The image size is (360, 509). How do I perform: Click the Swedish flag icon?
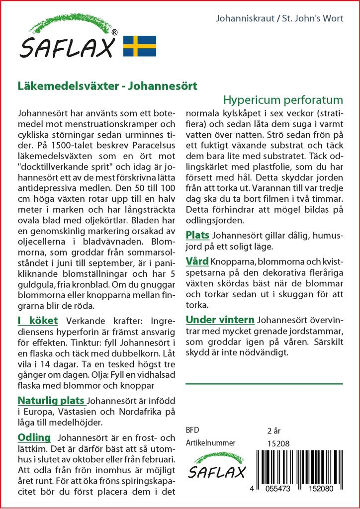pyautogui.click(x=140, y=46)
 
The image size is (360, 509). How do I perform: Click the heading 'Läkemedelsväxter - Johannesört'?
pyautogui.click(x=107, y=85)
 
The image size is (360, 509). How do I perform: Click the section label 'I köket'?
pyautogui.click(x=38, y=321)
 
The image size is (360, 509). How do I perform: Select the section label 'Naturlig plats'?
pyautogui.click(x=51, y=401)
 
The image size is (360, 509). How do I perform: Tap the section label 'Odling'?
pyautogui.click(x=34, y=437)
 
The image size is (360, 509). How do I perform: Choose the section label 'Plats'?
pyautogui.click(x=197, y=235)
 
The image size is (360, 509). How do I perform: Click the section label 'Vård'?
pyautogui.click(x=197, y=261)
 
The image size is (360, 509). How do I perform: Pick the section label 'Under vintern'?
pyautogui.click(x=220, y=320)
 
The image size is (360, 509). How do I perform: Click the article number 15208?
pyautogui.click(x=278, y=443)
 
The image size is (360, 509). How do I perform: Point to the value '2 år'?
pyautogui.click(x=274, y=430)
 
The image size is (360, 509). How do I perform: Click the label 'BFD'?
pyautogui.click(x=192, y=430)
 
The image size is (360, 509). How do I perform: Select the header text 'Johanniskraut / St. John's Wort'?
pyautogui.click(x=281, y=19)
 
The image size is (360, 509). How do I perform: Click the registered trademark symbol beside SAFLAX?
pyautogui.click(x=114, y=32)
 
